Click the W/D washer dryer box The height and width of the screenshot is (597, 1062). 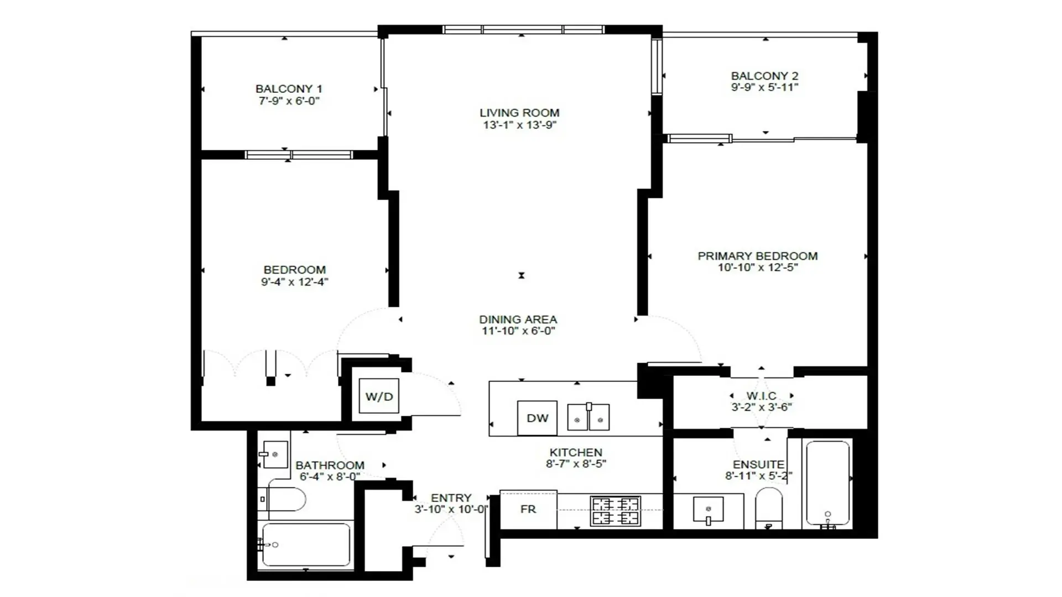pos(379,396)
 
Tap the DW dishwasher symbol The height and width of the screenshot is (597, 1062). pos(537,418)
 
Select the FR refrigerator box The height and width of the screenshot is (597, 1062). pos(528,509)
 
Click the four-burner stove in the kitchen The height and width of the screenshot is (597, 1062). pos(615,511)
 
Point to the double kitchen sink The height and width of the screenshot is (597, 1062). pos(589,417)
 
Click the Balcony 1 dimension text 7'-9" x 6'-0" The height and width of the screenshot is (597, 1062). pos(289,101)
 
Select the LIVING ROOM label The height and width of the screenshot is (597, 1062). pos(519,113)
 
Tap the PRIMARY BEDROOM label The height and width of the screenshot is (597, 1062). pos(757,256)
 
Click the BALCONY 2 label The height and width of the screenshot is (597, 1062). pos(764,76)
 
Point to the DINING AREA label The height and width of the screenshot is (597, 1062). pos(518,320)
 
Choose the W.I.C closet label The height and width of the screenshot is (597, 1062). pos(761,396)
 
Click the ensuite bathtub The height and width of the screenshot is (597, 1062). pos(827,483)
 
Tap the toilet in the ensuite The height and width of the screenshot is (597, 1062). pos(769,507)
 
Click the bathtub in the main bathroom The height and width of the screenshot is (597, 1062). pos(306,545)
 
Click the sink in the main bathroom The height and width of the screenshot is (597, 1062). pos(275,454)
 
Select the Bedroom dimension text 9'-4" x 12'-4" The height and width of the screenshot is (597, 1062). pos(294,282)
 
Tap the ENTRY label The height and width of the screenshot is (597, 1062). pos(451,498)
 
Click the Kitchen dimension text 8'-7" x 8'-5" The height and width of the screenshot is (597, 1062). pos(576,464)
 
